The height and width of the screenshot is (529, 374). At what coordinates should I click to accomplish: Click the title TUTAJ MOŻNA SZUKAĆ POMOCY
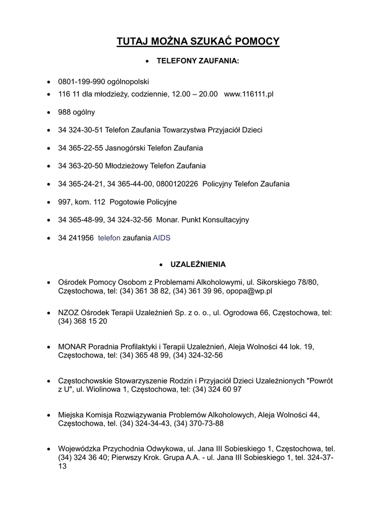pyautogui.click(x=198, y=41)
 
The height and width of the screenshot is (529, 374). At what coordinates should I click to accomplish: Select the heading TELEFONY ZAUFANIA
pyautogui.click(x=198, y=61)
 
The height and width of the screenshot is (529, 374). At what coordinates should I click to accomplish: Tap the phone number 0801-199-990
pyautogui.click(x=82, y=82)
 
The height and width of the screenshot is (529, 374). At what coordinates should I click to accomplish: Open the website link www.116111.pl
pyautogui.click(x=249, y=95)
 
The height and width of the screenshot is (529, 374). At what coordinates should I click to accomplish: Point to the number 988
pyautogui.click(x=64, y=112)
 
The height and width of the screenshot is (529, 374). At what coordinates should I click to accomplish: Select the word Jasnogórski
pyautogui.click(x=125, y=148)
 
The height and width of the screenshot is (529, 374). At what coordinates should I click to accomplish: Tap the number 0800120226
pyautogui.click(x=178, y=184)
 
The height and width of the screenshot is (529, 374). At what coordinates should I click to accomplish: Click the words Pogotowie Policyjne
pyautogui.click(x=143, y=202)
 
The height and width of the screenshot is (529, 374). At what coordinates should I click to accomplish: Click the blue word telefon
pyautogui.click(x=109, y=238)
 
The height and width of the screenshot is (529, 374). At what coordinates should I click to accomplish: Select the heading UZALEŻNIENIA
pyautogui.click(x=198, y=264)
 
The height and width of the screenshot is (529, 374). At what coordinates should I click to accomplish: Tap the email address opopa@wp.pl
pyautogui.click(x=249, y=291)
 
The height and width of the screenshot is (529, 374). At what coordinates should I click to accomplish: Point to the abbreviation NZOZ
pyautogui.click(x=69, y=313)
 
